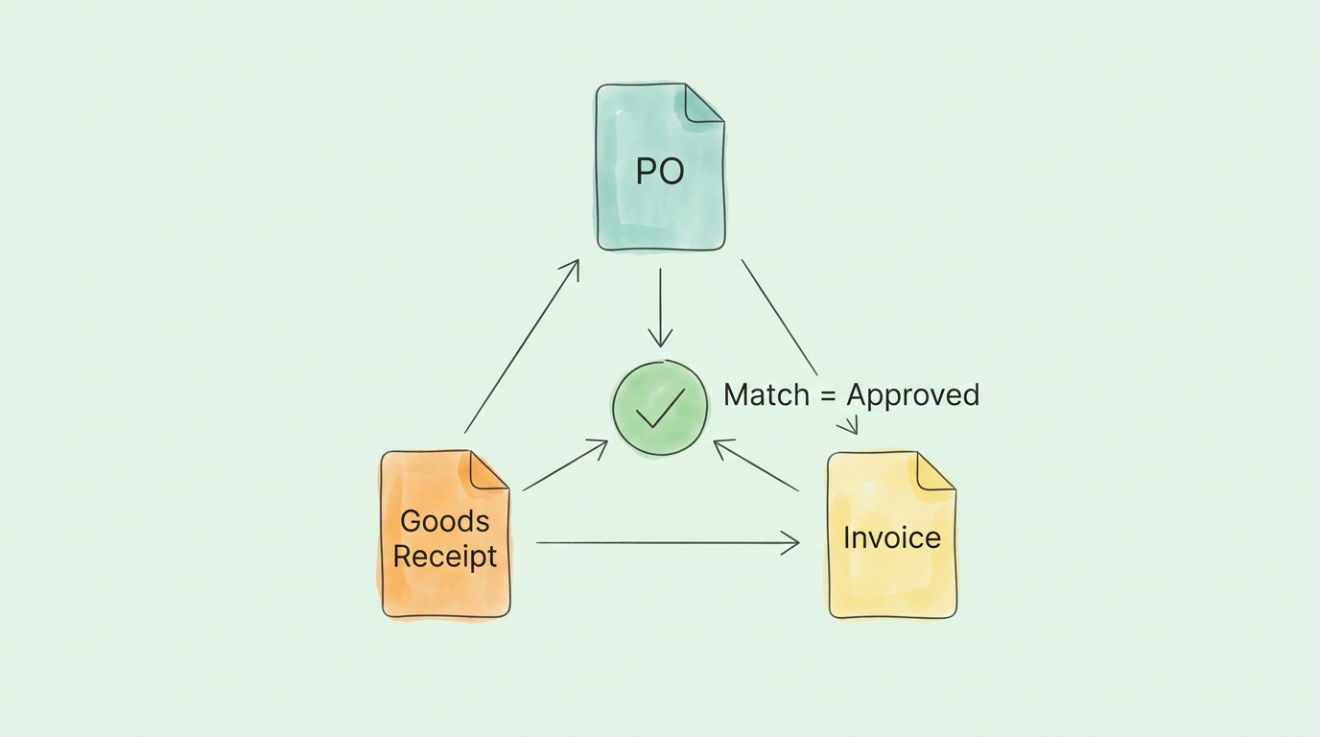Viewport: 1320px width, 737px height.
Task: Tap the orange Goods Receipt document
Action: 445,585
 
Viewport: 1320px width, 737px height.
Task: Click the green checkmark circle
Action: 660,407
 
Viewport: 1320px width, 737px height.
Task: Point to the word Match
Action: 766,394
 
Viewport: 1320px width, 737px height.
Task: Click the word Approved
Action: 912,395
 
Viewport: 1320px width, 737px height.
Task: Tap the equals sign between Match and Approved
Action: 829,395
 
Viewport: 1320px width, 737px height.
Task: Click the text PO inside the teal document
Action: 660,172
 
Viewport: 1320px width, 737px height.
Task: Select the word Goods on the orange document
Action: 444,521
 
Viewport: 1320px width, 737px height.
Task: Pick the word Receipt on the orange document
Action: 445,557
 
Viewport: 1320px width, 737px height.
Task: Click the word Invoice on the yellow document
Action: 891,537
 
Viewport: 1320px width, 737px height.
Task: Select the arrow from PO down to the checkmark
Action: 660,307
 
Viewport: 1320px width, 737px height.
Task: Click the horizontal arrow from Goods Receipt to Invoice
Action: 667,543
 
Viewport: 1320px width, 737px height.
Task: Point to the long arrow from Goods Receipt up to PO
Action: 522,345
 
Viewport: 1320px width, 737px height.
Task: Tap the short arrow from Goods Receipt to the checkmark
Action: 565,465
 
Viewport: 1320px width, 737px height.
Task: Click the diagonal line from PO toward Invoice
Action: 779,317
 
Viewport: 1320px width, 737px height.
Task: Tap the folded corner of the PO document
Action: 702,104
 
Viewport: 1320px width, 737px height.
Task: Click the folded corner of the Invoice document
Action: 934,471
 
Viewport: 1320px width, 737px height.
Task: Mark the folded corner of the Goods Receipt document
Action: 487,470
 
